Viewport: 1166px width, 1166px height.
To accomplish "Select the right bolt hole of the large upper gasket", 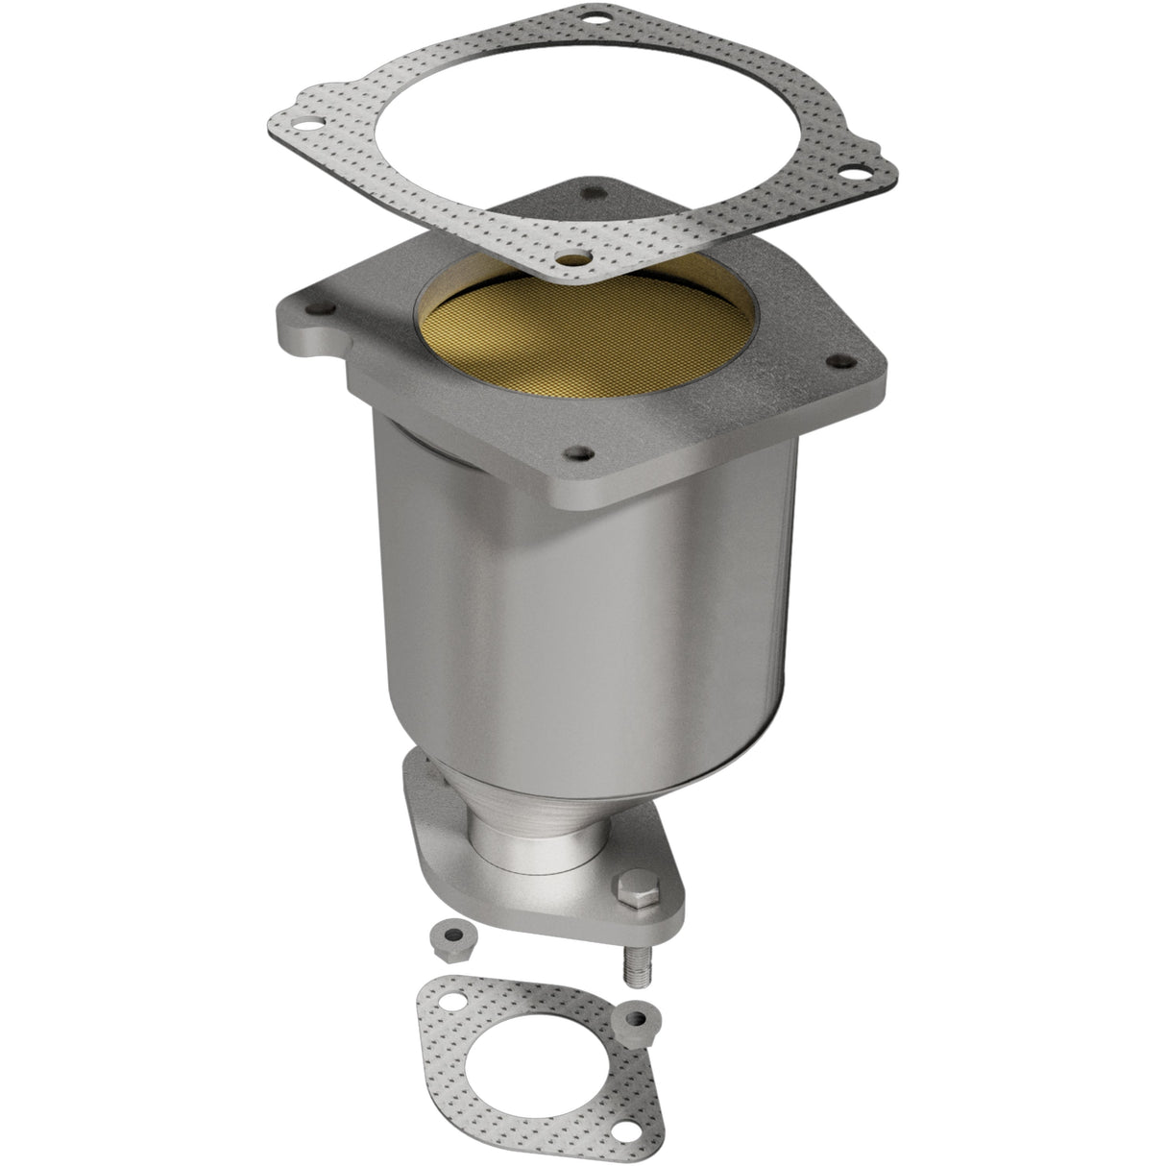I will click(x=847, y=174).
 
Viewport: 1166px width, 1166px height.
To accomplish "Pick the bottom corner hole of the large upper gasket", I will click(x=572, y=258).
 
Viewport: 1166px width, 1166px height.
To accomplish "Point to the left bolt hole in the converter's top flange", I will click(x=318, y=309).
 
